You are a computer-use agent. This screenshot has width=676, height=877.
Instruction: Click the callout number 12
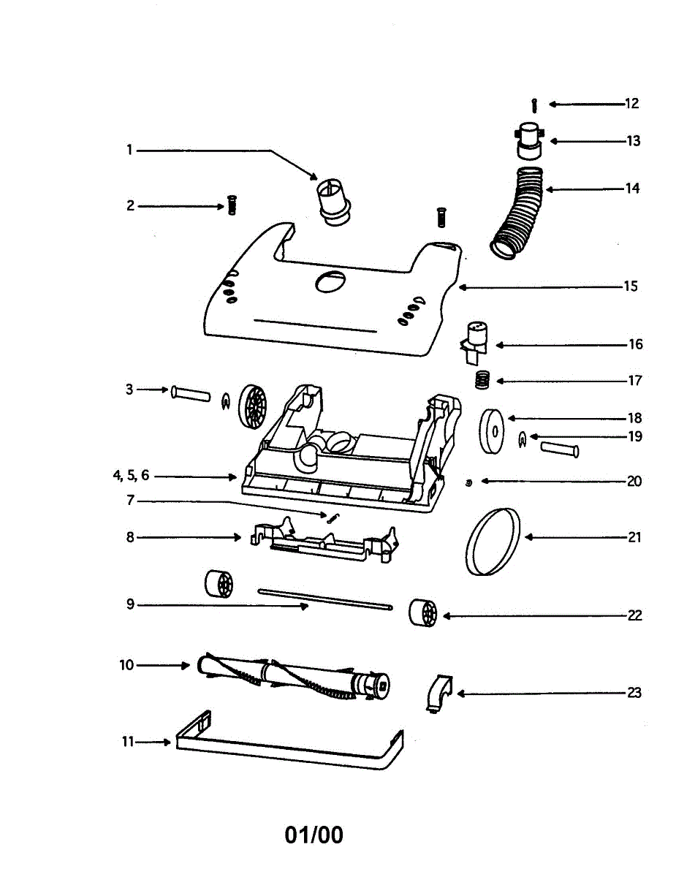(631, 104)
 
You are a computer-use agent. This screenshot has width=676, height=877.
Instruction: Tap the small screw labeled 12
(535, 105)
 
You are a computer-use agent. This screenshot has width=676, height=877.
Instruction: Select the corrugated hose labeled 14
(521, 212)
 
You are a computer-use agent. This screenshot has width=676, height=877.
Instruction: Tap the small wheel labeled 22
(422, 612)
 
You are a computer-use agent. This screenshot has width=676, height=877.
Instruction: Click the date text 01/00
(314, 835)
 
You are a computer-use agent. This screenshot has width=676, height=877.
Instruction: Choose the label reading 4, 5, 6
(131, 476)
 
